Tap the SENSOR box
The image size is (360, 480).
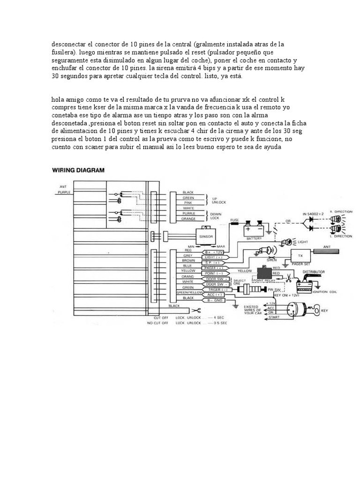click(206, 237)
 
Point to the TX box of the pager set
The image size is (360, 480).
click(300, 256)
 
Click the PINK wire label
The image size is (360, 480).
click(187, 202)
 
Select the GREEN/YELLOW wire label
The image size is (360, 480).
click(186, 292)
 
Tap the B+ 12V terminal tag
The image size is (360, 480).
click(215, 252)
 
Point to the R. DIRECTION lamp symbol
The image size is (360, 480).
click(336, 217)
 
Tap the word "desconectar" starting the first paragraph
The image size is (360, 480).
click(68, 44)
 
